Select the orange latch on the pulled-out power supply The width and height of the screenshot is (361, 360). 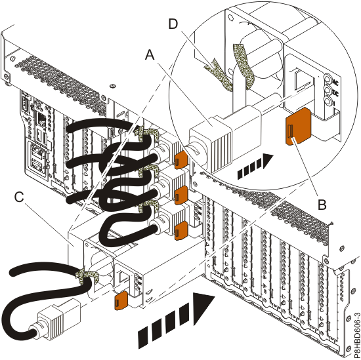point(121,300)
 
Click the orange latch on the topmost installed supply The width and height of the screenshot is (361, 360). point(180,157)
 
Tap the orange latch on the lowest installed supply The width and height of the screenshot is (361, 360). point(178,228)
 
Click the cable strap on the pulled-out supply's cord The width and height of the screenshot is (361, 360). point(83,276)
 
